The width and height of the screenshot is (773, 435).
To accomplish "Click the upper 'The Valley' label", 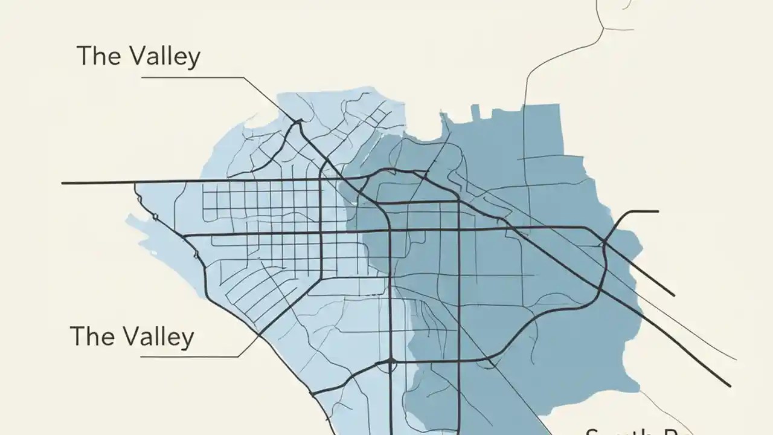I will coord(138,56).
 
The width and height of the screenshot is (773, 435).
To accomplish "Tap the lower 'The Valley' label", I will coord(132,336).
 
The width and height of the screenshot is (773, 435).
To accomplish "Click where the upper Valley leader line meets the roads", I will coord(297,121).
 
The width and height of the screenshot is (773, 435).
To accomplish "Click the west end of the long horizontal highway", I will coord(63,183).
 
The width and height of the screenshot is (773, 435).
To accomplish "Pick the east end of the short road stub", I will coord(657,211).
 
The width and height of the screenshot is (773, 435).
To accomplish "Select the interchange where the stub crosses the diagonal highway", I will coord(603,244).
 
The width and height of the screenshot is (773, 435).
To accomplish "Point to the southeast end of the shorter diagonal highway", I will coord(673,295).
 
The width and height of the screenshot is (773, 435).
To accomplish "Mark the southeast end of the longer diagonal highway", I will coord(730,385).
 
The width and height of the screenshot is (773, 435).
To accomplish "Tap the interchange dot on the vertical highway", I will coord(391,361).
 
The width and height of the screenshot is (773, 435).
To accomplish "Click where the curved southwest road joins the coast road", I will coord(312,394).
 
